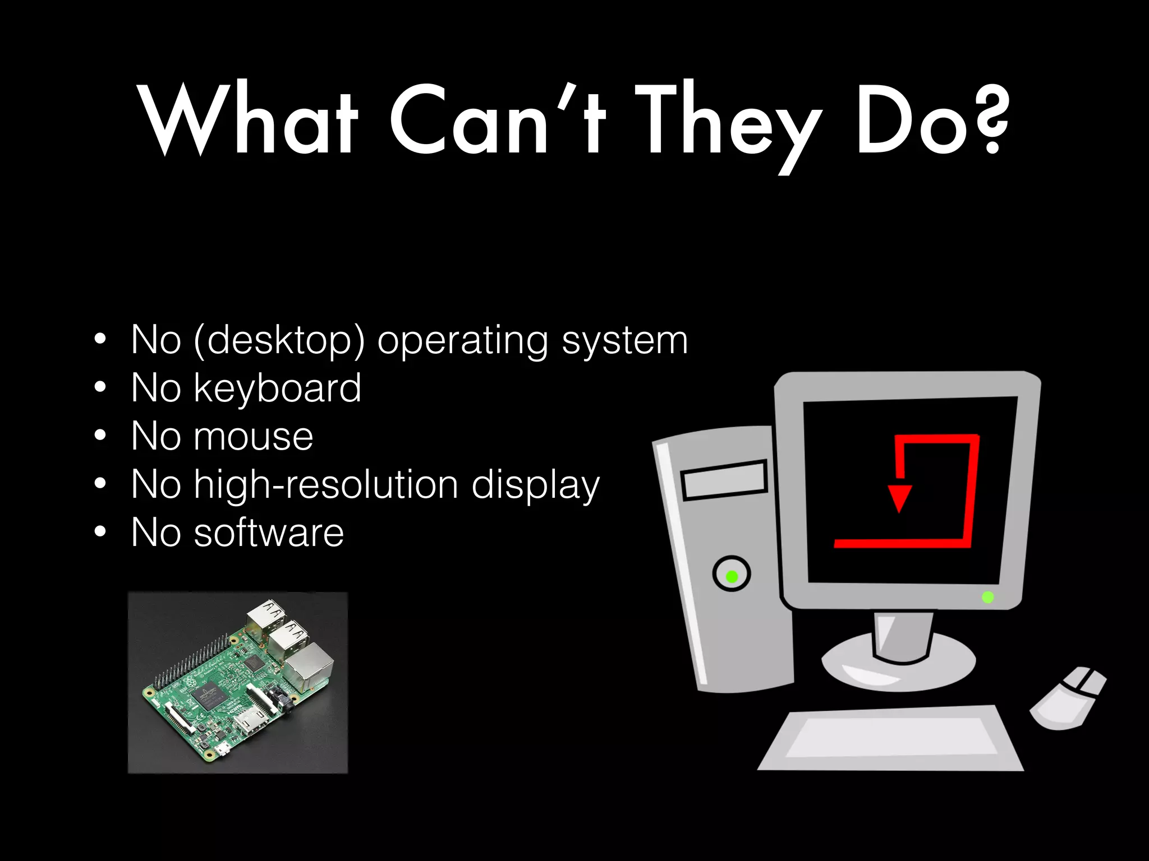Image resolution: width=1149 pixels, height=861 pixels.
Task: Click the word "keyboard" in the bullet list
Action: (277, 388)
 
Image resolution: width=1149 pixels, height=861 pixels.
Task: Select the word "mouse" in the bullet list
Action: (254, 437)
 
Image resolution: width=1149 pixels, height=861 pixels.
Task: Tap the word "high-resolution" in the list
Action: (326, 485)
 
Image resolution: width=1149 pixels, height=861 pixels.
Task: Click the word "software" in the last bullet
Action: (269, 533)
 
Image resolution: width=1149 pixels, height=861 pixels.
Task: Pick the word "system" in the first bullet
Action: (624, 341)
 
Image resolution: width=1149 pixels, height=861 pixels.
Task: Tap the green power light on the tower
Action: (732, 576)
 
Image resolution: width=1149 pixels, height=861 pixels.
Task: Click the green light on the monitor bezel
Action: (988, 597)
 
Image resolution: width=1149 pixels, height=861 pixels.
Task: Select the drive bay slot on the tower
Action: (724, 480)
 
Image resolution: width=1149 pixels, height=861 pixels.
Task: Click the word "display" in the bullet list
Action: (536, 485)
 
